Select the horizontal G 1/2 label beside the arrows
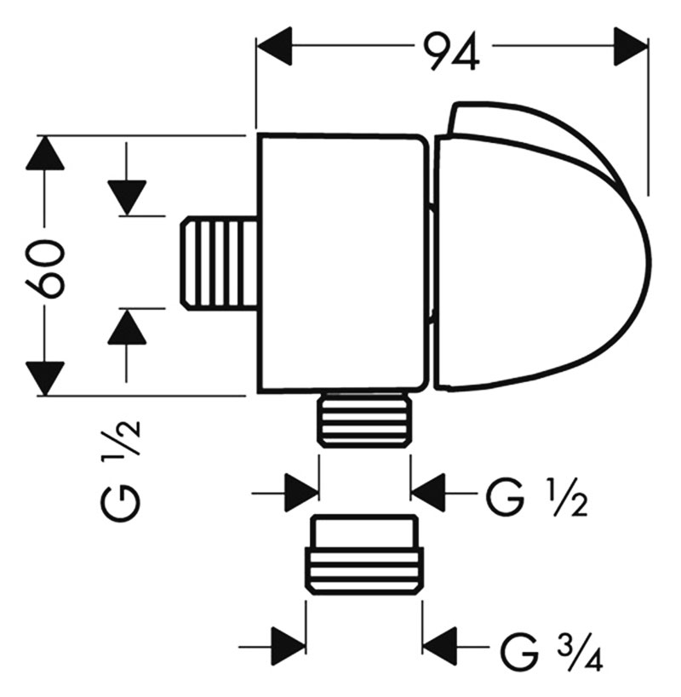coord(536,496)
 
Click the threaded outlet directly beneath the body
coord(363,420)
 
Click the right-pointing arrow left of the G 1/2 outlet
coord(300,492)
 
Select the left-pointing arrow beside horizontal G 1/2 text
coord(429,492)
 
